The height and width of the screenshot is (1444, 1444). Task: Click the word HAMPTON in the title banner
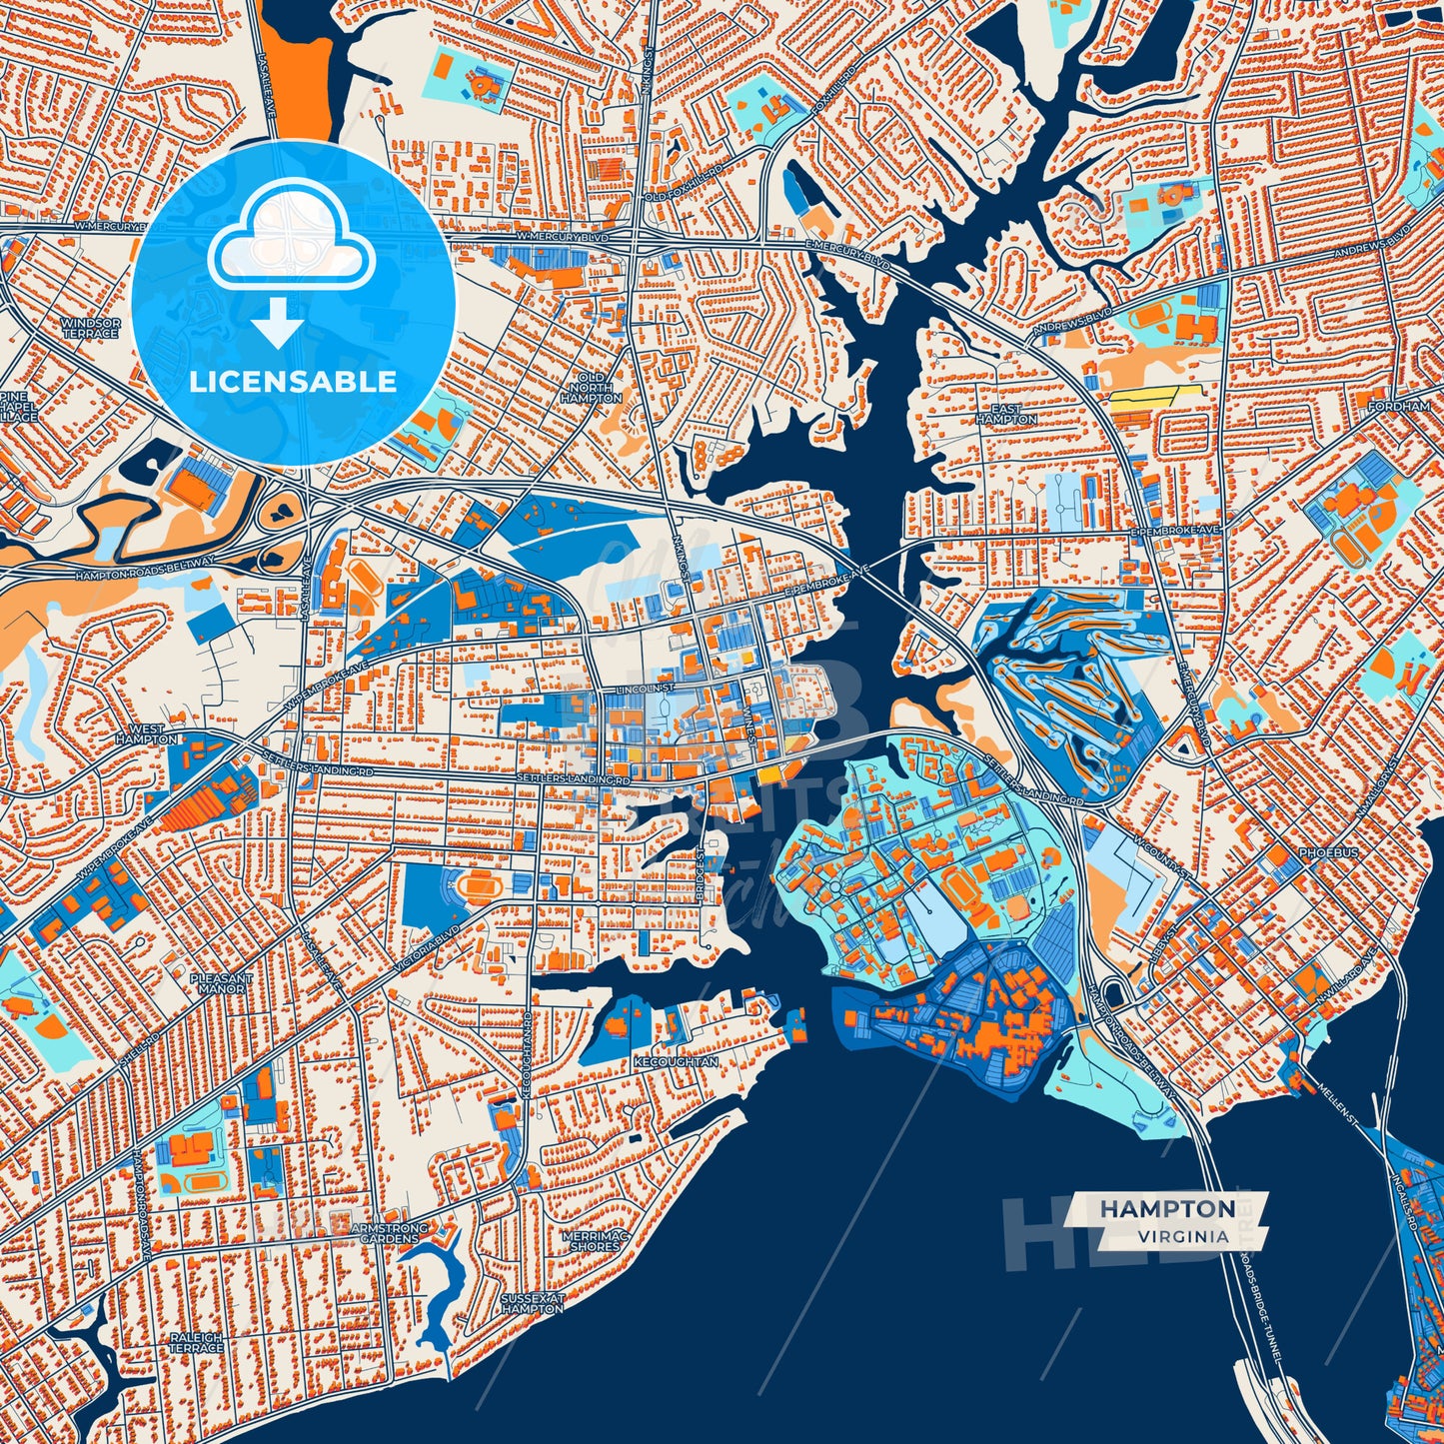1166,1209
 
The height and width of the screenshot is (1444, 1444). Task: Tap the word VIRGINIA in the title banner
1182,1236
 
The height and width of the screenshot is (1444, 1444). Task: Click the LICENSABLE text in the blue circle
294,381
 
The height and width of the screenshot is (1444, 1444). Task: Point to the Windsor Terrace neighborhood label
90,328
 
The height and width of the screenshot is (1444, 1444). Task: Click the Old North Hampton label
591,388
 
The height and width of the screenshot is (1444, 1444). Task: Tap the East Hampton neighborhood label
1006,415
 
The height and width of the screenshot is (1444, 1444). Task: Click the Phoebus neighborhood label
1329,852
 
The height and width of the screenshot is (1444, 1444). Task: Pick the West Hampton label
146,734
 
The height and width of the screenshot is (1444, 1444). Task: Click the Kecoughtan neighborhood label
676,1062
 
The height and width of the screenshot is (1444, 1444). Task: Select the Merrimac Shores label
596,1240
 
